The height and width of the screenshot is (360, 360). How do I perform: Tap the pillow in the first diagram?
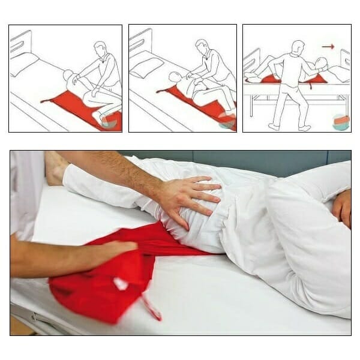23,64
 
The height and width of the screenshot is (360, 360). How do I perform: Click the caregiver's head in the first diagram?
100,49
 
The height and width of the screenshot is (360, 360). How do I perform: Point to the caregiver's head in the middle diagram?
202,47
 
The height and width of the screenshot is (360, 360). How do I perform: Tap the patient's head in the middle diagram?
175,77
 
